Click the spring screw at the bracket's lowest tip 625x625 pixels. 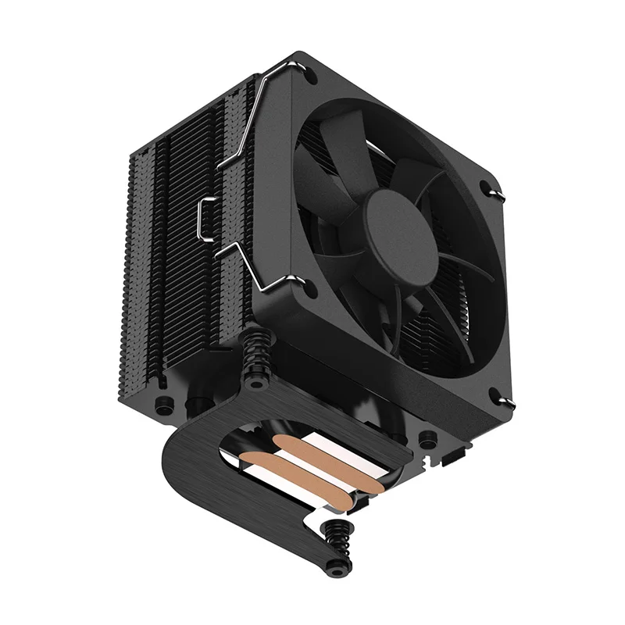tap(339, 546)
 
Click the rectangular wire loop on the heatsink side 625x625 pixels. tap(208, 220)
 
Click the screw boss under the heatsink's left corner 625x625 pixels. tap(163, 406)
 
